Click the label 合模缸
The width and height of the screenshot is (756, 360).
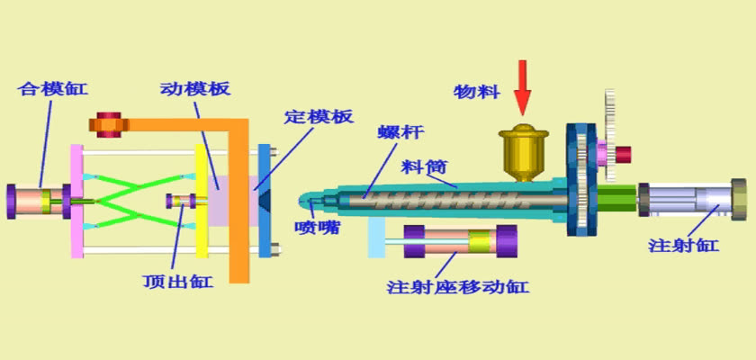point(53,88)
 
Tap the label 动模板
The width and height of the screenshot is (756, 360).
point(195,89)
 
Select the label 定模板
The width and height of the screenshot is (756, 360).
point(319,117)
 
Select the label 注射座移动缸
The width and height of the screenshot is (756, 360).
point(457,287)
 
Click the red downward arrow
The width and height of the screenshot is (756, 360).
point(523,88)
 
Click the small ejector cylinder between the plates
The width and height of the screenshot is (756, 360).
point(179,200)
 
